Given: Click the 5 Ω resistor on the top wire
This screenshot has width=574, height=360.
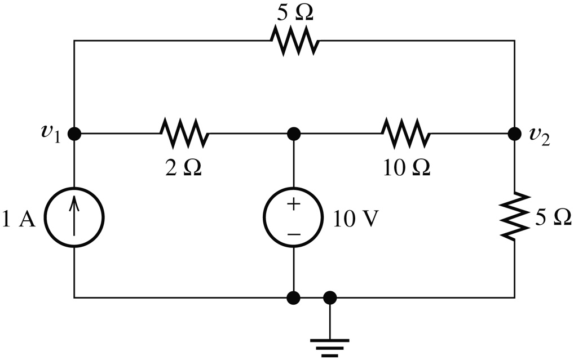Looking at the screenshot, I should coord(294,41).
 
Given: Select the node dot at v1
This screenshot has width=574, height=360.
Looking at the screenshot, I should coord(74,134).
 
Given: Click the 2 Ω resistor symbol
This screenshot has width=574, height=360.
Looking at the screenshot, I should coord(184,134).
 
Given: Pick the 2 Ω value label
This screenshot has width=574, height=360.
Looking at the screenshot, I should coord(183,167).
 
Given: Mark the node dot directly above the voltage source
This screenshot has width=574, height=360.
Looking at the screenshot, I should coord(293,134).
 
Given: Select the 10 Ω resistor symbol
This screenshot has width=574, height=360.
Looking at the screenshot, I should coord(405,134).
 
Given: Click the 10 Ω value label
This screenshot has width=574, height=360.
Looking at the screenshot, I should coord(405,167).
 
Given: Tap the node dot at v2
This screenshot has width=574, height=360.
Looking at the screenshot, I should coord(514,134).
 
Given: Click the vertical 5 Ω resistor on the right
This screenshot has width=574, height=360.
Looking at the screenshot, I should coord(514,216).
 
